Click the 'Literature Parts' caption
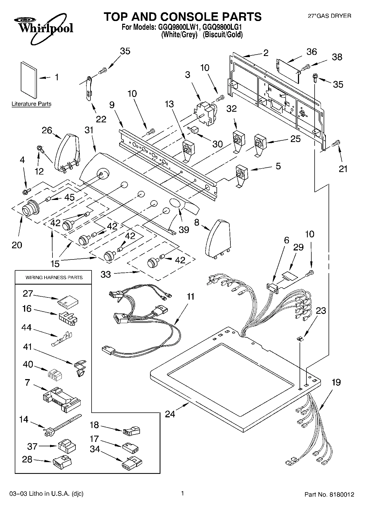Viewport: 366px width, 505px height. (31, 104)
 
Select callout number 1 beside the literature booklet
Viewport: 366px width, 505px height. (57, 78)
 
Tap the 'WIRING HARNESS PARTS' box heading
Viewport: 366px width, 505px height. (54, 277)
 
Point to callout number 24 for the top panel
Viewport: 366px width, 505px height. (170, 414)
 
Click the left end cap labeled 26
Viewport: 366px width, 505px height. (66, 153)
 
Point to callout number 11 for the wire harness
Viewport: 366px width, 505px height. (191, 296)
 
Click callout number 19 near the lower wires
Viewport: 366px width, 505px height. (336, 382)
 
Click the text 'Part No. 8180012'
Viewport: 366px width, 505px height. (329, 494)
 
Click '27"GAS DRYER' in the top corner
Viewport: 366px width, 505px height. (329, 16)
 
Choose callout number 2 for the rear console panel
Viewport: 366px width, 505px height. (266, 53)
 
